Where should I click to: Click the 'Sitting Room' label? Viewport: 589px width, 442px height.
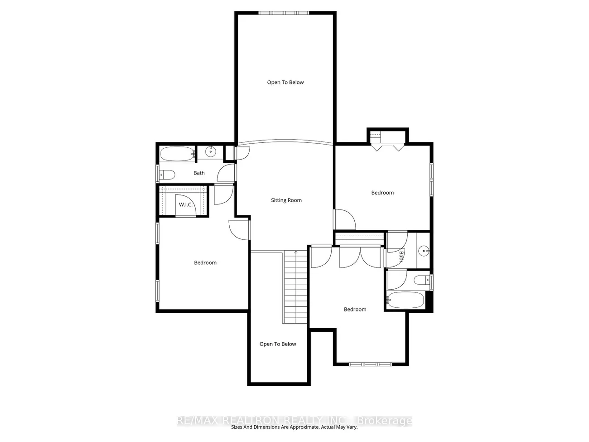coord(286,200)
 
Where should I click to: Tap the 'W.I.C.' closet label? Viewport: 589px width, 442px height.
coord(186,205)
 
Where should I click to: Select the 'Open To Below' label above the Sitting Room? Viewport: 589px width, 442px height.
coord(285,83)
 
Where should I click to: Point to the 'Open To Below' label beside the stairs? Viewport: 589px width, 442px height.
coord(278,344)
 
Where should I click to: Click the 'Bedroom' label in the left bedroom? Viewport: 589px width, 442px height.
coord(205,263)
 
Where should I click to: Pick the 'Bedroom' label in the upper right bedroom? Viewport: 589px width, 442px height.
coord(382,193)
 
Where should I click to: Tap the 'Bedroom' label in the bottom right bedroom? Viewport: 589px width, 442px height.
coord(355,310)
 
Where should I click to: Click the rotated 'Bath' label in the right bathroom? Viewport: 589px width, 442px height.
coord(401,257)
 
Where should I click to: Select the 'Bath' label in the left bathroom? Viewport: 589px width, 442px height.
coord(199,173)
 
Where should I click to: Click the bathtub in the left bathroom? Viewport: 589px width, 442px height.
coord(177,154)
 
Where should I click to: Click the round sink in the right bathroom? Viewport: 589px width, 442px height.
coord(423,250)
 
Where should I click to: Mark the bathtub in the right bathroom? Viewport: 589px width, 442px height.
coord(406,300)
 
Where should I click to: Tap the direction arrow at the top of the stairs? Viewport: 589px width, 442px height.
coord(296,252)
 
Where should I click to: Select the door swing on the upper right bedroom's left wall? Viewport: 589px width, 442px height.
coord(344,219)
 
